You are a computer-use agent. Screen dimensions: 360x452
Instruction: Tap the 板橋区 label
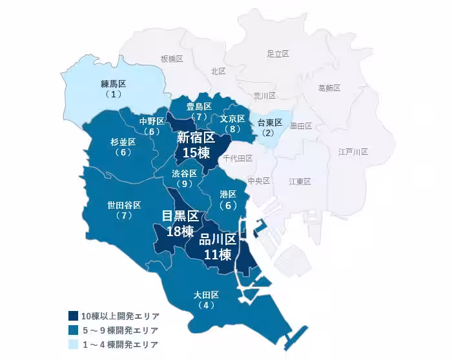pos(172,59)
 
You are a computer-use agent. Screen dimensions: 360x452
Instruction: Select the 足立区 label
pos(278,54)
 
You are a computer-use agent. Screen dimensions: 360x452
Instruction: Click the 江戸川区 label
pos(353,152)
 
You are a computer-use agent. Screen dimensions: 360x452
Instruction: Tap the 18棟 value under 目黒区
pos(180,231)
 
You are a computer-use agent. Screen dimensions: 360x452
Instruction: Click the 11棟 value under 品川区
pos(218,254)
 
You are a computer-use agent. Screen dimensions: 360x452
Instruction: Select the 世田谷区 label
pos(124,205)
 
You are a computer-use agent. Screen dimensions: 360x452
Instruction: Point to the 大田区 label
pos(207,295)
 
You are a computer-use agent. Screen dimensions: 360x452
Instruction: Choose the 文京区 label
pos(232,119)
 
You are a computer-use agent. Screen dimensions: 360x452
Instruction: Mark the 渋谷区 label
pos(185,174)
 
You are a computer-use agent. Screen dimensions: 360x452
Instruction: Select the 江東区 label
pos(300,182)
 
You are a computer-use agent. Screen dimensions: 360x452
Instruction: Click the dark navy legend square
pos(74,316)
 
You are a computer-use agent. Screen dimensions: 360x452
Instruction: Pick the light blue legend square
pos(74,345)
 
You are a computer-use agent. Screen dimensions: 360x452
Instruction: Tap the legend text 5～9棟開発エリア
pos(119,330)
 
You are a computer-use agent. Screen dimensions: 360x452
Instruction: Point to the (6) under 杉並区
pos(123,152)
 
